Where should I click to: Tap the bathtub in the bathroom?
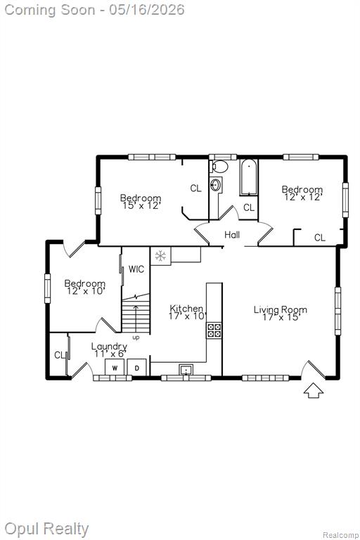click(249, 178)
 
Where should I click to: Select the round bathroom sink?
click(217, 185)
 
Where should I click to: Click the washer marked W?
click(115, 368)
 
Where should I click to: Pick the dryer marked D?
click(137, 368)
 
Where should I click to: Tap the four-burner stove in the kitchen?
click(214, 330)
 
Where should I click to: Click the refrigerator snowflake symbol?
click(160, 256)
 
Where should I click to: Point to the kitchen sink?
click(186, 370)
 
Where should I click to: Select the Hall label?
click(232, 235)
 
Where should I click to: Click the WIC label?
click(136, 269)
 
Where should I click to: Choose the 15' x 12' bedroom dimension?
click(141, 205)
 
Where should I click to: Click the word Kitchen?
click(186, 308)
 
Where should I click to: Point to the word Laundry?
click(109, 347)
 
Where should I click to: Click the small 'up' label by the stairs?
click(136, 337)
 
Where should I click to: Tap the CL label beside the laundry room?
click(60, 354)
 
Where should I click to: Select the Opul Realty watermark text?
click(46, 529)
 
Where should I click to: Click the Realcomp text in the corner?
click(340, 535)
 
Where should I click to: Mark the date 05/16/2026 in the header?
click(147, 9)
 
